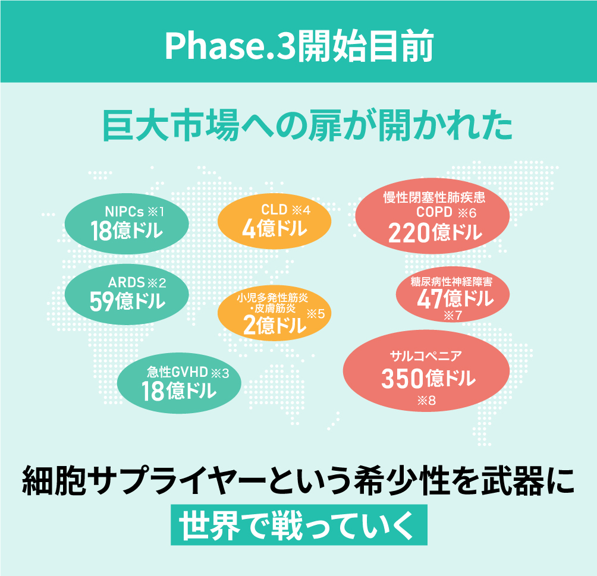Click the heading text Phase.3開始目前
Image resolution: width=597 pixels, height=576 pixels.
point(299,46)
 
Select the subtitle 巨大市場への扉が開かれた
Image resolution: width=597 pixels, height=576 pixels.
point(307,125)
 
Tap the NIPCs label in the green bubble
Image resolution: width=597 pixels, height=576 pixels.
point(124,211)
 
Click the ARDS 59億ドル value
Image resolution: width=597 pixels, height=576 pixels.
point(127,301)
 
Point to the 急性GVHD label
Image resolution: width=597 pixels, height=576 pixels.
point(177,372)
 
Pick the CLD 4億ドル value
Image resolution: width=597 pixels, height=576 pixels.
point(275,229)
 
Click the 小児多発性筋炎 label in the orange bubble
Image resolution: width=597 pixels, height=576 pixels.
point(272,297)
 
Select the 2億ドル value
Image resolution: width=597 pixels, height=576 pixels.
point(274,326)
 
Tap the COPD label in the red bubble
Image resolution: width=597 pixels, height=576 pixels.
point(434,212)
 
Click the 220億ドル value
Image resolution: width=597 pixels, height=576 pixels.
point(435,232)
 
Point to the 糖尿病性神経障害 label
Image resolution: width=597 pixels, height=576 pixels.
point(451,282)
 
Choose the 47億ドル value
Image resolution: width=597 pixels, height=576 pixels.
point(455,298)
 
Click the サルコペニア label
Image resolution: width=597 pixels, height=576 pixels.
point(426,356)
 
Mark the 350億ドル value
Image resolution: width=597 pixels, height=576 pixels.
point(428,379)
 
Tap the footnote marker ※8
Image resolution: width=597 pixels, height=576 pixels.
point(426,401)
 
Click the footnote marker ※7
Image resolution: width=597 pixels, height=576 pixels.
point(453,315)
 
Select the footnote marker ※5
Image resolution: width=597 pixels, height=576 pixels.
point(316,314)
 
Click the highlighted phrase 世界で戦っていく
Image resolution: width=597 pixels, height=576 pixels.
point(299,525)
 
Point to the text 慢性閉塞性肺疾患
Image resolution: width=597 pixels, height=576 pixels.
point(435,197)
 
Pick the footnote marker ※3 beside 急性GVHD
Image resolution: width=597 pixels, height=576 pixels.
point(220,373)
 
